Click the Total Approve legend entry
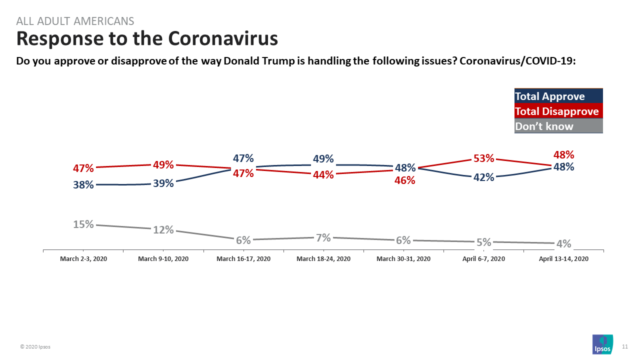pyautogui.click(x=550, y=96)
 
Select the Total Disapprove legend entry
pyautogui.click(x=557, y=111)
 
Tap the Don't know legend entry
pyautogui.click(x=544, y=126)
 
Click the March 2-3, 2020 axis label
pyautogui.click(x=83, y=258)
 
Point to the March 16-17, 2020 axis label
pyautogui.click(x=243, y=258)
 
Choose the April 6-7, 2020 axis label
pyautogui.click(x=483, y=258)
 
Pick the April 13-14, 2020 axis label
pyautogui.click(x=563, y=258)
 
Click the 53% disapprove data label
pyautogui.click(x=483, y=158)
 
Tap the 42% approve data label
pyautogui.click(x=483, y=177)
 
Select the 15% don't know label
pyautogui.click(x=83, y=224)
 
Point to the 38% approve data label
pyautogui.click(x=83, y=184)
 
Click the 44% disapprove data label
pyautogui.click(x=323, y=175)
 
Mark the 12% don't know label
pyautogui.click(x=163, y=229)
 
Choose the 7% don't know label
pyautogui.click(x=323, y=237)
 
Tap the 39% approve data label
pyautogui.click(x=163, y=183)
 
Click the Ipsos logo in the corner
pyautogui.click(x=602, y=344)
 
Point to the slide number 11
pyautogui.click(x=624, y=346)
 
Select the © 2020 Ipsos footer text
pyautogui.click(x=35, y=346)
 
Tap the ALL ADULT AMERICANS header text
pyautogui.click(x=75, y=21)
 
